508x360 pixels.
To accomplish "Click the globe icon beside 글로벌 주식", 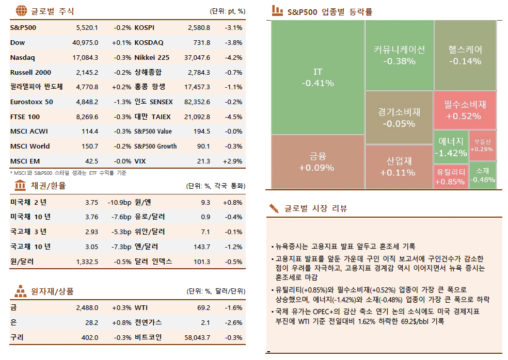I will tap(21, 10).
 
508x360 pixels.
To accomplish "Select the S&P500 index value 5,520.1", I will tap(87, 28).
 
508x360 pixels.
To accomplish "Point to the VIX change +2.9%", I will tap(232, 161).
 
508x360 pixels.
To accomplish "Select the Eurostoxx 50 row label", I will tap(31, 102).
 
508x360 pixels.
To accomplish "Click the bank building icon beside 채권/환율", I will tap(21, 185).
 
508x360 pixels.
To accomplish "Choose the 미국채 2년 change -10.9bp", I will tap(119, 203).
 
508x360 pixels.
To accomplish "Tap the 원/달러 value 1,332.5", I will tap(87, 261).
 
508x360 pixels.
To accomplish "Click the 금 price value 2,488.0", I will tap(87, 308).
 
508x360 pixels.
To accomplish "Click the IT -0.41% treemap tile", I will tap(317, 77).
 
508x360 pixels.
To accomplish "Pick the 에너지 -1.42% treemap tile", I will tap(450, 146).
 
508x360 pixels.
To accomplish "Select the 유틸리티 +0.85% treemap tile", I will tap(450, 176).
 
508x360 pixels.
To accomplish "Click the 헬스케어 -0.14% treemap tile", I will tap(465, 55).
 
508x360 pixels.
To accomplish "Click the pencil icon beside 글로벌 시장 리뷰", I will tap(274, 208).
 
